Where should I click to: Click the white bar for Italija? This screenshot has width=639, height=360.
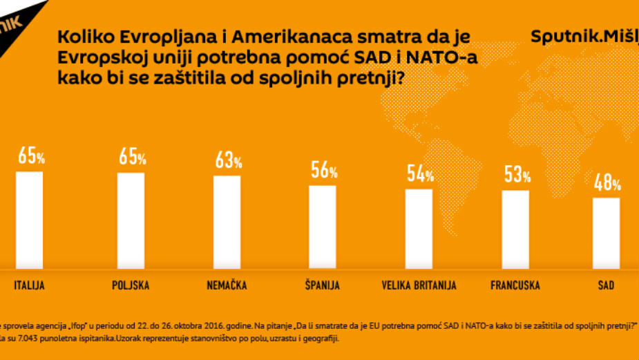29,219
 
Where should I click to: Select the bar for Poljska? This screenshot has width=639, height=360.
131,220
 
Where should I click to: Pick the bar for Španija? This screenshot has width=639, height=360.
322,226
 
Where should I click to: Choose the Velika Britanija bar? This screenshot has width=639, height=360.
419,227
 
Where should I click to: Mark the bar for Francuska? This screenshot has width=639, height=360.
515,228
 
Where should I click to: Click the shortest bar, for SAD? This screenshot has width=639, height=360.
606,232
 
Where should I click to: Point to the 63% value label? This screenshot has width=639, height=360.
228,162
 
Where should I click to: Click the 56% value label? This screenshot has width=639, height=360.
323,171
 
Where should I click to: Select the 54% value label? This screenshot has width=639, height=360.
420,175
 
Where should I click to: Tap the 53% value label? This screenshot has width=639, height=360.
517,176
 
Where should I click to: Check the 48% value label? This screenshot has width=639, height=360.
607,183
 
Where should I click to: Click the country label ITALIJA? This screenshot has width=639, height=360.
29,285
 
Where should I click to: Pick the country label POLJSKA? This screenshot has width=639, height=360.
131,285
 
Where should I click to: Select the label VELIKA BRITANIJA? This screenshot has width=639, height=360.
419,285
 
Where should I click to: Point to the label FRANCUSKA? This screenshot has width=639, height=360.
515,285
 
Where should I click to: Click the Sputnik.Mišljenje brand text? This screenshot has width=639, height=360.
584,37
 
